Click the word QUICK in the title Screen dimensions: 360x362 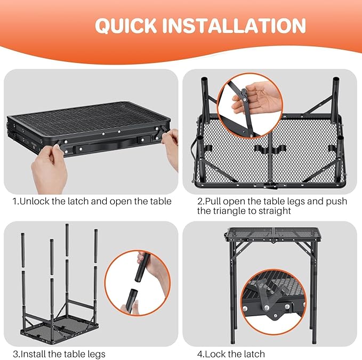click(125, 26)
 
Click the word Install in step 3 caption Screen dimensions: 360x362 click(34, 354)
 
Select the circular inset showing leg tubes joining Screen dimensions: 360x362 click(137, 282)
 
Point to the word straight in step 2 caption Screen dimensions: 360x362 click(275, 211)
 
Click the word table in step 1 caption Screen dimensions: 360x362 click(158, 201)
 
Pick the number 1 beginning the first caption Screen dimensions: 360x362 click(15, 201)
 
